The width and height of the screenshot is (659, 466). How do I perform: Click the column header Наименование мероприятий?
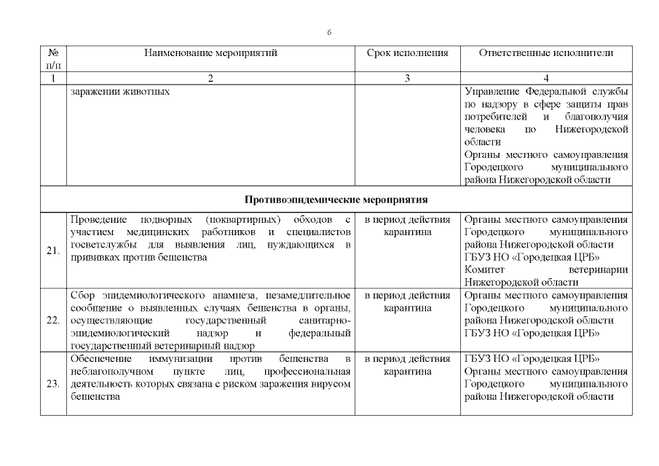coord(210,53)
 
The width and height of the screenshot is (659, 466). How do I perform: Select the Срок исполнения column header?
coord(407,53)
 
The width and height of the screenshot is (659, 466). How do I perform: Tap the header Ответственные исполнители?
coord(546,53)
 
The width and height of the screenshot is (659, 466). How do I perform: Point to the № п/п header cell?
coord(53,59)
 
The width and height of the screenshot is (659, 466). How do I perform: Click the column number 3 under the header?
coord(407,79)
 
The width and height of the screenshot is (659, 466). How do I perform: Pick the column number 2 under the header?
coord(210,79)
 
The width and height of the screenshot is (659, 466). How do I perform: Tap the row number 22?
coord(53,320)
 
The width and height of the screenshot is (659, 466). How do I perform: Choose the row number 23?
coord(53,384)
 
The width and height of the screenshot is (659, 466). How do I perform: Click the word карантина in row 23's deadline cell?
coord(407,371)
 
